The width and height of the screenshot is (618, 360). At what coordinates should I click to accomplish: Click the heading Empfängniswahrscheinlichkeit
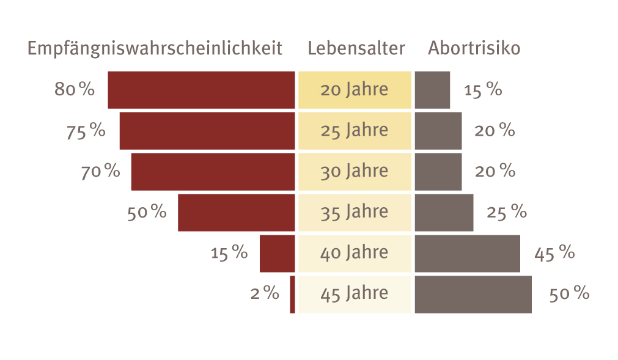155,49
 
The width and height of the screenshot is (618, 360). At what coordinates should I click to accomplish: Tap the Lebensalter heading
356,49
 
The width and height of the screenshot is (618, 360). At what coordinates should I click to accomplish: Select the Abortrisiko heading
474,49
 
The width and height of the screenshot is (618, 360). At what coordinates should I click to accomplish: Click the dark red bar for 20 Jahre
201,90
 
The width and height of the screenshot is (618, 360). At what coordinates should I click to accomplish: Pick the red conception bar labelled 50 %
236,213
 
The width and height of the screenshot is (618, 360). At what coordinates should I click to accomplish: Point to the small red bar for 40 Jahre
277,253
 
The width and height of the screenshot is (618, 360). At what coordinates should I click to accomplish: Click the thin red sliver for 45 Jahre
292,294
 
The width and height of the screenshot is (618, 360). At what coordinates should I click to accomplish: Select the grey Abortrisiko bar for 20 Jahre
432,90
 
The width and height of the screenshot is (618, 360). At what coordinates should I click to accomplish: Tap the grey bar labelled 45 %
467,253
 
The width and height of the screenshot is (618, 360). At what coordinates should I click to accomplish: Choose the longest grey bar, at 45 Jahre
473,294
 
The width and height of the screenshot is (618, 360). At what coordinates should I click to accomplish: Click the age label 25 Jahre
355,130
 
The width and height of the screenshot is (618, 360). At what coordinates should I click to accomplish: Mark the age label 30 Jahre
355,171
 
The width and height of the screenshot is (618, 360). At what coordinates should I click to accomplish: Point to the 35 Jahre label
355,212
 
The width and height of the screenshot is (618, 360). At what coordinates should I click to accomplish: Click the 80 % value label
75,90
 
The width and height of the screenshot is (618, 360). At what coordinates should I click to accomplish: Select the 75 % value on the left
86,131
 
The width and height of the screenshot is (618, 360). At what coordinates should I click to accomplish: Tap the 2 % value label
265,294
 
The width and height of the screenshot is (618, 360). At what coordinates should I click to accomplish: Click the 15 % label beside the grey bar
483,90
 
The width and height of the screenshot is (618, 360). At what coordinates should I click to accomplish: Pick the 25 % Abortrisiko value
506,213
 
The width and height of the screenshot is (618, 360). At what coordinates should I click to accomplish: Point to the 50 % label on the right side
569,294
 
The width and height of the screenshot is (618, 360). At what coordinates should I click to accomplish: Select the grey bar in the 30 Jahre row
438,171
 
